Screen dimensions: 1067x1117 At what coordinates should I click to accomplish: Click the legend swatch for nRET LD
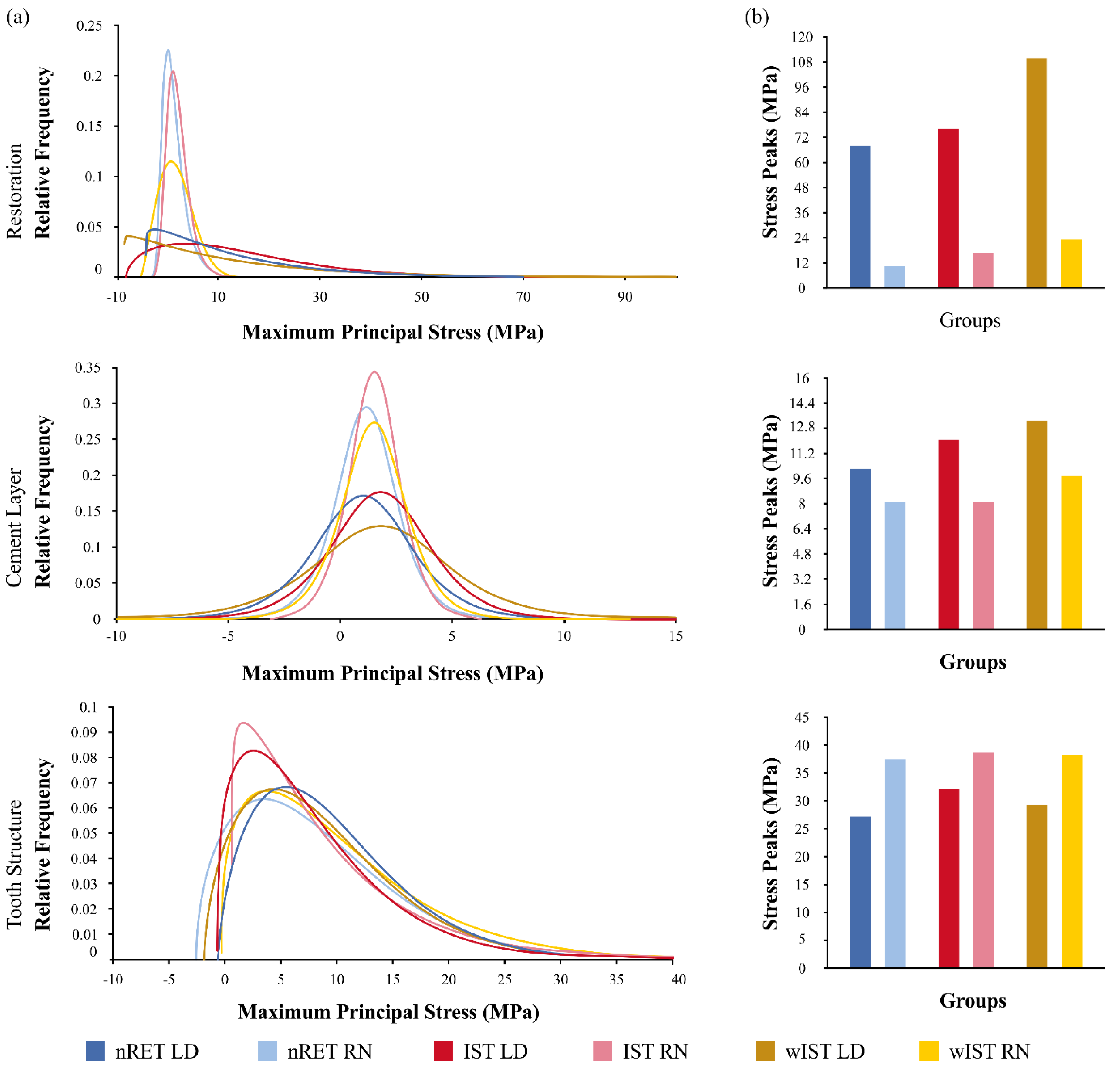coord(95,1051)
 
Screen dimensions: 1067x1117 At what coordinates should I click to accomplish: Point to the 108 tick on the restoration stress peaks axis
coord(802,62)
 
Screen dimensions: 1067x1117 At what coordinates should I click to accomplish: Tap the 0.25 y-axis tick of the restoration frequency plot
coord(89,25)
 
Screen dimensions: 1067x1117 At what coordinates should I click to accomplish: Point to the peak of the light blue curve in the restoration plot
coord(167,51)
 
